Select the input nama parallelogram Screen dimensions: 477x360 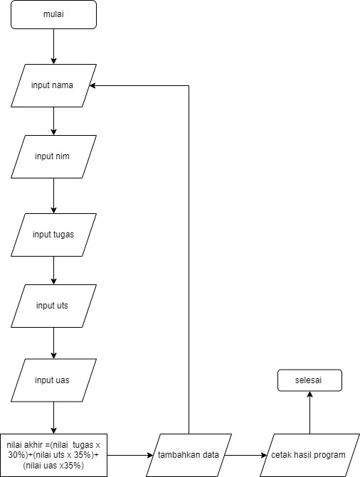(54, 85)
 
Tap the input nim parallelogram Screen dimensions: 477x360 (54, 156)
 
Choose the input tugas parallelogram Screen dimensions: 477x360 (54, 235)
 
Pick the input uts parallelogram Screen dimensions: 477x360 (54, 306)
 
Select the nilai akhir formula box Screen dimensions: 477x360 (54, 455)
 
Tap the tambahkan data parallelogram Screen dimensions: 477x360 (188, 455)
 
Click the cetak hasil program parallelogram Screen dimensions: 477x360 (309, 455)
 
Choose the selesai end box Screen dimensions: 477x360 (309, 380)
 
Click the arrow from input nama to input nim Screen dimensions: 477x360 (54, 121)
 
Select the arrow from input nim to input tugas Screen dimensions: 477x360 (54, 195)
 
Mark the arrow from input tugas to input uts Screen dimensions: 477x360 (54, 270)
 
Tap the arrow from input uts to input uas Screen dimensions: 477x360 (54, 343)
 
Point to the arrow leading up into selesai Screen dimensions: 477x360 (309, 412)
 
